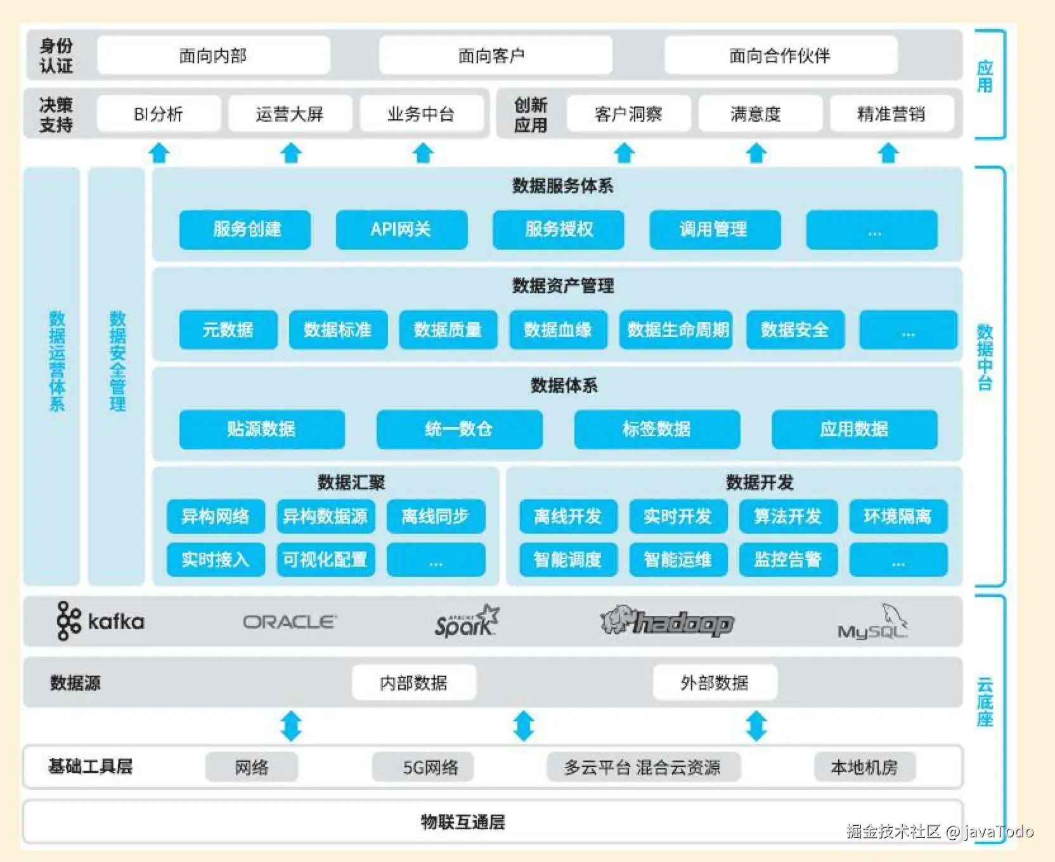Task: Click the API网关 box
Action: click(401, 229)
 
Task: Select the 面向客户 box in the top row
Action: click(495, 56)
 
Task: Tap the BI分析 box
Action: click(159, 114)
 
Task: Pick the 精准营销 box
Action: click(891, 114)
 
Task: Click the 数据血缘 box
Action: click(558, 330)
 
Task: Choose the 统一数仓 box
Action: click(459, 429)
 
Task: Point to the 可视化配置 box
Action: click(325, 560)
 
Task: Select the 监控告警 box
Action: click(788, 560)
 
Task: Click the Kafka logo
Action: click(100, 621)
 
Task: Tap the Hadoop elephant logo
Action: click(667, 621)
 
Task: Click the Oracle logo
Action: click(290, 622)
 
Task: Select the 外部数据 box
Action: click(715, 683)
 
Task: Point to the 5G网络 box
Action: click(430, 768)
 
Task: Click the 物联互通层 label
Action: click(463, 822)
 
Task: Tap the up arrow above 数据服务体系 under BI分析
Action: click(159, 153)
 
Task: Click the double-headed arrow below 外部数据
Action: click(756, 726)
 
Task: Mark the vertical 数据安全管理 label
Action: click(117, 361)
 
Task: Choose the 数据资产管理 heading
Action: click(563, 286)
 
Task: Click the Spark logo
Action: click(467, 621)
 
